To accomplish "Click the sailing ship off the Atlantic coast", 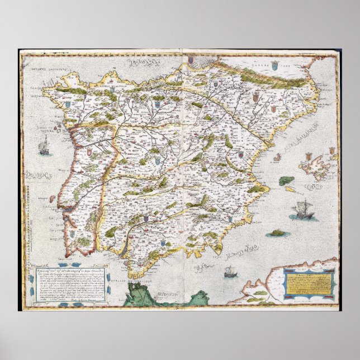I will [x=42, y=148].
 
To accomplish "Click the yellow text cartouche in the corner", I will [x=309, y=283].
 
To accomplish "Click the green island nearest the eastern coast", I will [x=286, y=181].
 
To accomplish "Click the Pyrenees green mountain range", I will [x=263, y=78].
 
